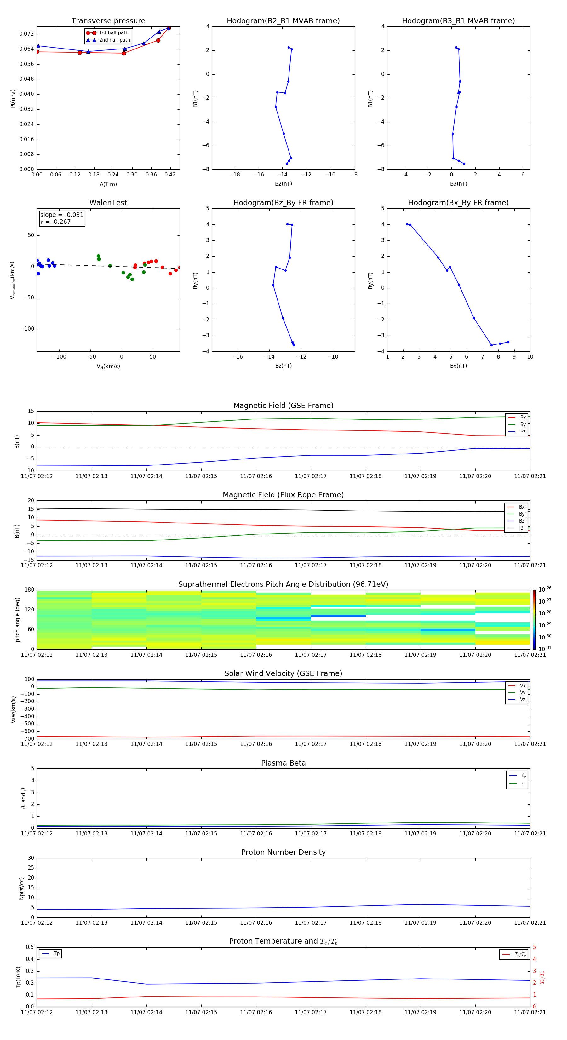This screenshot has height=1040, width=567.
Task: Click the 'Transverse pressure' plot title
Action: [x=108, y=21]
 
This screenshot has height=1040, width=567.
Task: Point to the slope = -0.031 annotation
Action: [x=62, y=215]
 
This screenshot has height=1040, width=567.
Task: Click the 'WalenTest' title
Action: [x=108, y=203]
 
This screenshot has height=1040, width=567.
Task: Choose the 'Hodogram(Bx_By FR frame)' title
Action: [x=458, y=203]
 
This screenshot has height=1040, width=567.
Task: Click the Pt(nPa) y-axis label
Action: [x=13, y=99]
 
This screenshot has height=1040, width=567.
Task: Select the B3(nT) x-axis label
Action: [x=458, y=184]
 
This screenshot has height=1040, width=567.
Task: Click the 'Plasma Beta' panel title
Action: [x=283, y=763]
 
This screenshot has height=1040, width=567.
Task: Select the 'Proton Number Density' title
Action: [x=283, y=852]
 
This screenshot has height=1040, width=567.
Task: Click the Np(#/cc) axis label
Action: [x=22, y=888]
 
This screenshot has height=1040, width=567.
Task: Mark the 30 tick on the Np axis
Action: [x=31, y=858]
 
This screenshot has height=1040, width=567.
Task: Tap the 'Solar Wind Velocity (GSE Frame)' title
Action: [x=283, y=673]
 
